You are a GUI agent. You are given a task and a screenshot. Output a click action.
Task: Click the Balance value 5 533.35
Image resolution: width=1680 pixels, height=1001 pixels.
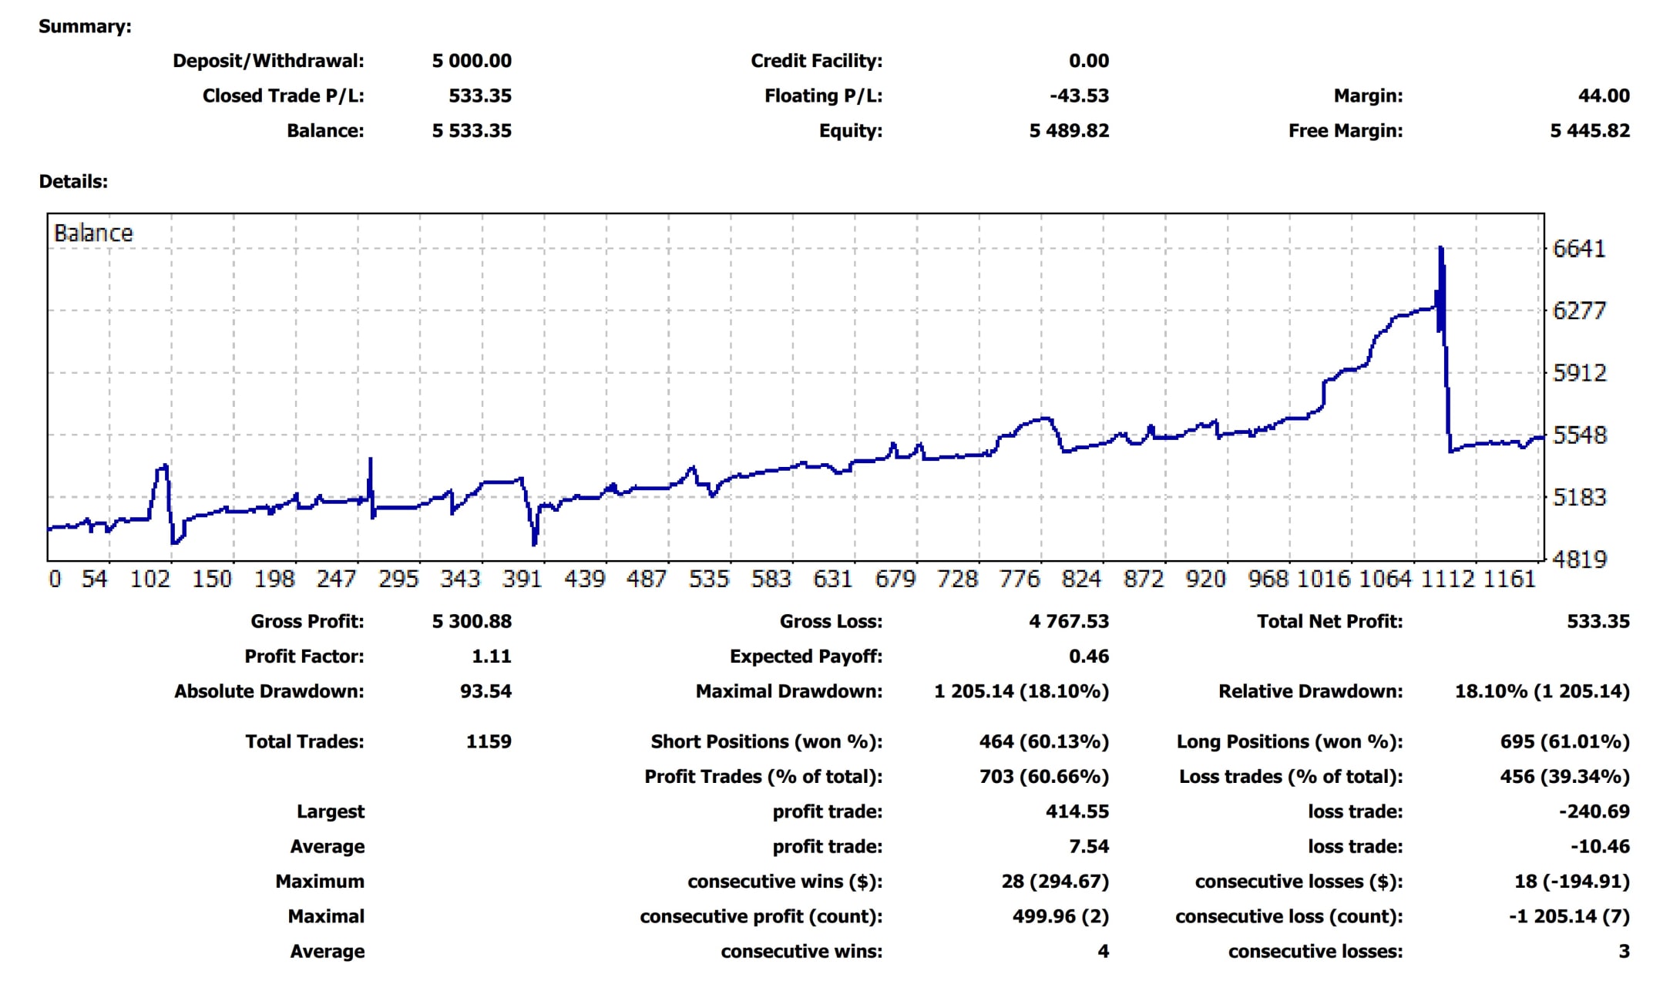point(472,131)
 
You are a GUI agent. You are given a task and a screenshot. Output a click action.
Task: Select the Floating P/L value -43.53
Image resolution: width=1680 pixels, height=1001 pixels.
point(1079,96)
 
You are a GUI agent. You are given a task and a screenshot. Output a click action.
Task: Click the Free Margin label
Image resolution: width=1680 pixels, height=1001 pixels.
point(1346,131)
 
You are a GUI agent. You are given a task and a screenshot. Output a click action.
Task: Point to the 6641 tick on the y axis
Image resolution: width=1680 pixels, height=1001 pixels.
point(1579,249)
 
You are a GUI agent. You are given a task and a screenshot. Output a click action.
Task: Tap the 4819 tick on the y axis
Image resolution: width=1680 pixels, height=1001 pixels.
point(1579,559)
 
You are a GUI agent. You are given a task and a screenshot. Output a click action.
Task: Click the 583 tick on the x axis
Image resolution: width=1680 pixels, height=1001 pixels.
point(771,579)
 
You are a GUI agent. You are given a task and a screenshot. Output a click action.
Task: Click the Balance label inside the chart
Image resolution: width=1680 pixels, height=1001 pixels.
point(93,233)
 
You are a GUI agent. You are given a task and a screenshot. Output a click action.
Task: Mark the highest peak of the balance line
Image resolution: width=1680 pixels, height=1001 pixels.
point(1440,249)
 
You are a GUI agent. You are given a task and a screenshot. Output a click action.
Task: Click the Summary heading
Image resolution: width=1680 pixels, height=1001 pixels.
point(85,27)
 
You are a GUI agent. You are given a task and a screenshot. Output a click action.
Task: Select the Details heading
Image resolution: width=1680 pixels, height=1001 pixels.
point(73,182)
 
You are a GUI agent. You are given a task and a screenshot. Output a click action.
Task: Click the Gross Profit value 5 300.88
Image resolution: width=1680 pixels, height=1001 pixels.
point(472,622)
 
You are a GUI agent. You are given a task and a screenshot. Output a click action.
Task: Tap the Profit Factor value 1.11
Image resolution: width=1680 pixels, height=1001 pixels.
point(491,657)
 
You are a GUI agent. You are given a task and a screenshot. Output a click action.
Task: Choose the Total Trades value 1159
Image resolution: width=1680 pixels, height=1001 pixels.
point(489,742)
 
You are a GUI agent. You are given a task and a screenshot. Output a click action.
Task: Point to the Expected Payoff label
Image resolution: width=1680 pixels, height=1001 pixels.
point(806,657)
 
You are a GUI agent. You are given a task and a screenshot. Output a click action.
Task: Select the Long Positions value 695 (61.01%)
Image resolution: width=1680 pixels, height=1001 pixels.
point(1564,742)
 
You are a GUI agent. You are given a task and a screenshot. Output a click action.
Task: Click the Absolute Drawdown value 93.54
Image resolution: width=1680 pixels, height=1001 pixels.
point(486,691)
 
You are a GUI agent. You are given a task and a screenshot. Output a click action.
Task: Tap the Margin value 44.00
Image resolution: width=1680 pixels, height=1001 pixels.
point(1604,96)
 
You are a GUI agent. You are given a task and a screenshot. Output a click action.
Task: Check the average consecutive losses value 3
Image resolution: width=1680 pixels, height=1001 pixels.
point(1624,952)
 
